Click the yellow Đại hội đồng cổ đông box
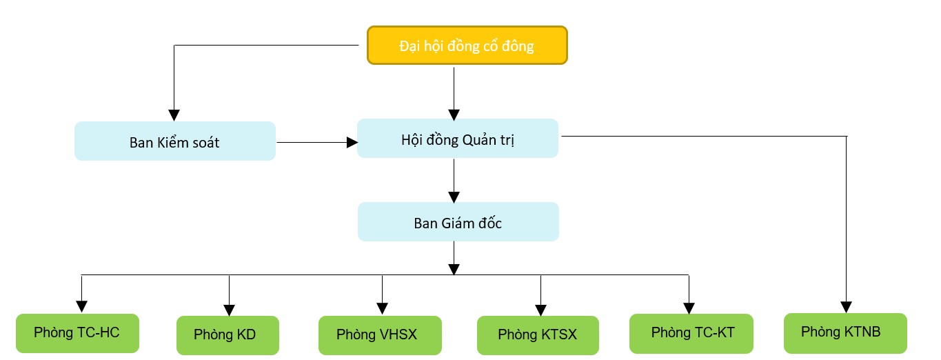(467, 46)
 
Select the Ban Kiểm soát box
(174, 141)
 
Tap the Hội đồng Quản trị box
(457, 138)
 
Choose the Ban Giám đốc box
(458, 221)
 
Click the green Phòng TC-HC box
(77, 333)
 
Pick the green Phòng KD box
(227, 335)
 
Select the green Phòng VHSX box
(378, 335)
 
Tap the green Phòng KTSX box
(538, 335)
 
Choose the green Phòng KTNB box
(845, 332)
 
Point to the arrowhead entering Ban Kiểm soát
(174, 114)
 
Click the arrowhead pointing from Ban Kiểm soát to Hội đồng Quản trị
(352, 142)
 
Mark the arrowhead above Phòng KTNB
(846, 306)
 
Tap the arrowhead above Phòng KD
(229, 308)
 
